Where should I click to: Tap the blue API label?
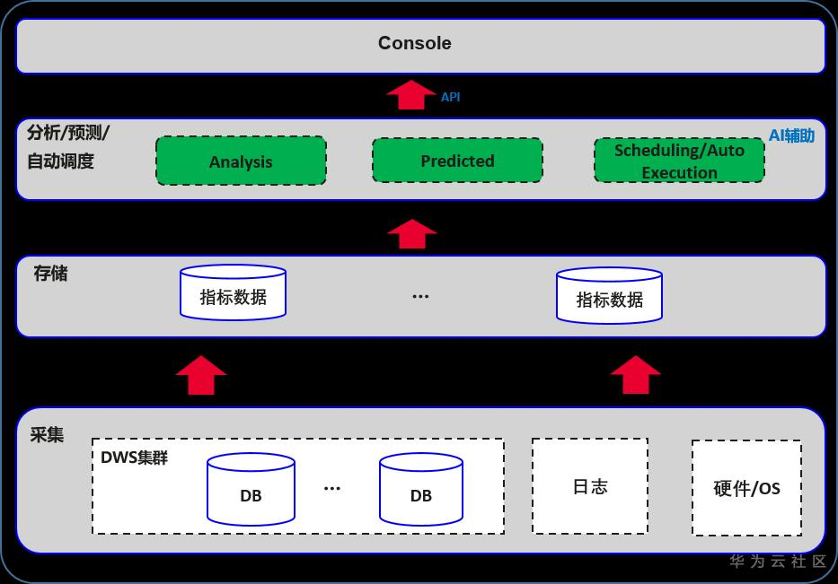pyautogui.click(x=450, y=97)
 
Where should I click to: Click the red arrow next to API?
pyautogui.click(x=410, y=94)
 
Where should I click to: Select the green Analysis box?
pyautogui.click(x=241, y=161)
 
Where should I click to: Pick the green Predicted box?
pyautogui.click(x=457, y=161)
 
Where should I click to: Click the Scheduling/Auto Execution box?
pyautogui.click(x=679, y=161)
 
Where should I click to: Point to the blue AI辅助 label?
pyautogui.click(x=791, y=135)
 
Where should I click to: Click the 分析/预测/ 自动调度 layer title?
pyautogui.click(x=68, y=147)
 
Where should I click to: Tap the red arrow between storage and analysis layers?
pyautogui.click(x=412, y=233)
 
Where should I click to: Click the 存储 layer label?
pyautogui.click(x=50, y=274)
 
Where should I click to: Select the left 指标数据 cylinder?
pyautogui.click(x=233, y=293)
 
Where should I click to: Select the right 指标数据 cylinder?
pyautogui.click(x=609, y=296)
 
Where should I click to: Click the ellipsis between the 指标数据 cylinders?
pyautogui.click(x=420, y=296)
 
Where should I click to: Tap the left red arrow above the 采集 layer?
pyautogui.click(x=201, y=374)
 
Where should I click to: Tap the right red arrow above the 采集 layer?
pyautogui.click(x=635, y=374)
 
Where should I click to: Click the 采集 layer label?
pyautogui.click(x=47, y=435)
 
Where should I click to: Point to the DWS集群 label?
pyautogui.click(x=134, y=458)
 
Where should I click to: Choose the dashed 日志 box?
pyautogui.click(x=590, y=486)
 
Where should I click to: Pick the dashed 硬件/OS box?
pyautogui.click(x=746, y=488)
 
